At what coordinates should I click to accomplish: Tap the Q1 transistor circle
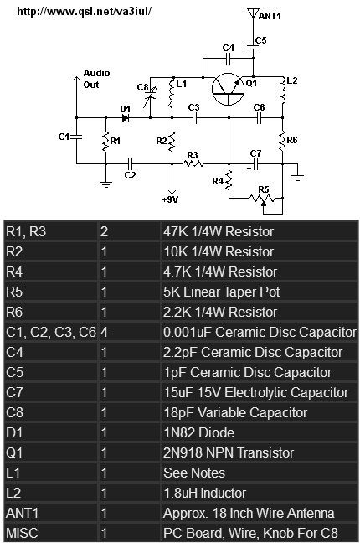pos(228,89)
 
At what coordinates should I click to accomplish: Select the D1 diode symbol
pos(126,118)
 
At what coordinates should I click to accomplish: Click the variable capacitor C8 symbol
pos(150,96)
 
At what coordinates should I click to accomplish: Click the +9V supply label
pos(170,199)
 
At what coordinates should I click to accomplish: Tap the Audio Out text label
pos(96,79)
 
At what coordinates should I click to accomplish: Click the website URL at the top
pos(84,12)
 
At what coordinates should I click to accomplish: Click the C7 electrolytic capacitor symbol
pos(255,164)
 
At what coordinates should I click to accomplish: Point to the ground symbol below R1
pos(106,184)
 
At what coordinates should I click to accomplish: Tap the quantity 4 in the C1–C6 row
pos(104,333)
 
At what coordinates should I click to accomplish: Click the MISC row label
pos(22,533)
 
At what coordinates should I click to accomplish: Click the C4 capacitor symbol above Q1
pos(228,59)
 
